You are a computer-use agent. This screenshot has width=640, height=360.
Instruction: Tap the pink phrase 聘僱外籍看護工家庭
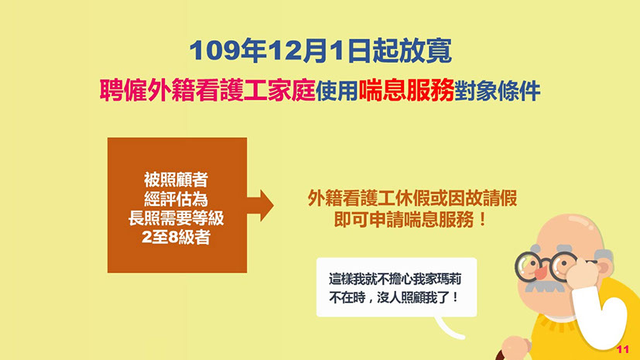207,90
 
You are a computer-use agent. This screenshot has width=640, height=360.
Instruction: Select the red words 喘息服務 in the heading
406,90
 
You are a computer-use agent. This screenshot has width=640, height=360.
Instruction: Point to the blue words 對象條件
498,91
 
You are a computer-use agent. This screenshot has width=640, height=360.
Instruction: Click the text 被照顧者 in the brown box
176,180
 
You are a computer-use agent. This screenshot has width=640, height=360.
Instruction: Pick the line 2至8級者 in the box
176,237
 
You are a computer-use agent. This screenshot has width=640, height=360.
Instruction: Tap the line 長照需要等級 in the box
176,218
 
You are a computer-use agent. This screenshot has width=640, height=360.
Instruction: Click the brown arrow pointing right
260,205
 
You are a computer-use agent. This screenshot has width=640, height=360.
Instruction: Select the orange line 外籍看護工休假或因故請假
412,198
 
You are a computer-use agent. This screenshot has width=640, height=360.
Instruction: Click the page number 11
623,349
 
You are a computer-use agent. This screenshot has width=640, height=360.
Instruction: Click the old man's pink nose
542,272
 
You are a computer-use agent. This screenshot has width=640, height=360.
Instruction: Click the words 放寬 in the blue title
425,51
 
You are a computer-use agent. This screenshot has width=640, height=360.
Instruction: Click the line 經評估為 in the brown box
176,199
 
